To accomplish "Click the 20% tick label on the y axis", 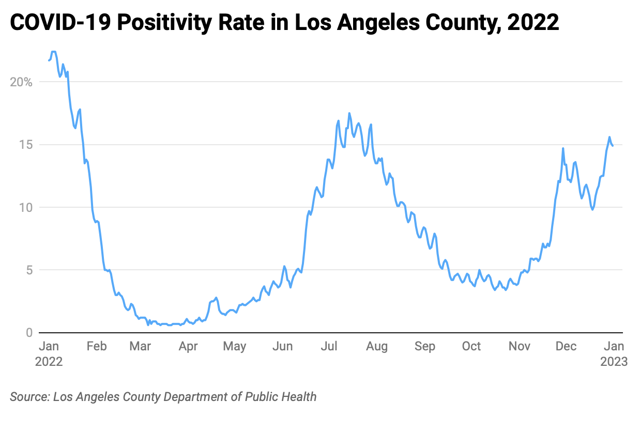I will (21, 82).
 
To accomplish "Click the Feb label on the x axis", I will (96, 346).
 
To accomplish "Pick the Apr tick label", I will (188, 346).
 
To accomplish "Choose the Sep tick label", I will (425, 346).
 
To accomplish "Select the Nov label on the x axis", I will (519, 346).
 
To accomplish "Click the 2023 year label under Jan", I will (614, 361).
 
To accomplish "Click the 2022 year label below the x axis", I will (49, 361).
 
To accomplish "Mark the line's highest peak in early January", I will (53, 52).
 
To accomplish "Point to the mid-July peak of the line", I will (349, 113).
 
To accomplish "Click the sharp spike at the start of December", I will (563, 148).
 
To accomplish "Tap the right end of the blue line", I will (613, 146).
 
